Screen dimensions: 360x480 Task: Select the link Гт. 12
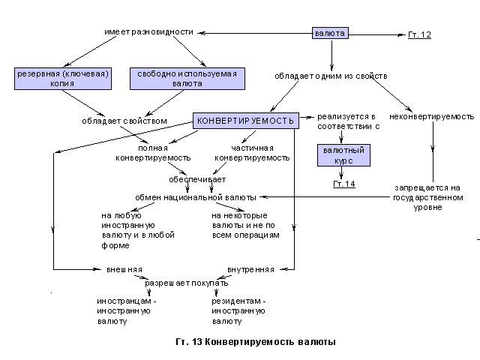tap(419, 34)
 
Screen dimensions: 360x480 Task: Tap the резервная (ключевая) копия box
tap(63, 79)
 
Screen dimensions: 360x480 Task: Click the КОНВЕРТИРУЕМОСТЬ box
tap(246, 120)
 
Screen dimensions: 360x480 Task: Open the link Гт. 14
tap(343, 184)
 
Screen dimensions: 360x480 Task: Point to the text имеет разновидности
tap(148, 32)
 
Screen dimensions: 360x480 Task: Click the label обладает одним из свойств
tap(331, 76)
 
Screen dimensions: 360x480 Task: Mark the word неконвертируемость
tap(432, 117)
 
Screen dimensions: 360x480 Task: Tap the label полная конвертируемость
tap(153, 153)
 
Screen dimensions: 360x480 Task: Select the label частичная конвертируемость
tap(252, 153)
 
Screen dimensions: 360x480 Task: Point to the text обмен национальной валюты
tap(196, 197)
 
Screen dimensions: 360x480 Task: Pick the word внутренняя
tap(250, 268)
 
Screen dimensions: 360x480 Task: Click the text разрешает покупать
tap(187, 285)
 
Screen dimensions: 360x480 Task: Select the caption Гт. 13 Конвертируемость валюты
tap(255, 342)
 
